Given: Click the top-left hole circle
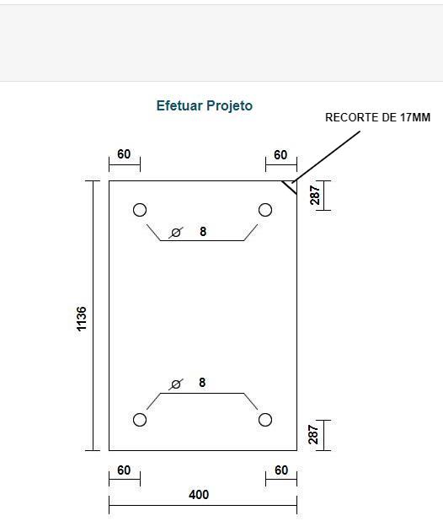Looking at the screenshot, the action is [x=140, y=204].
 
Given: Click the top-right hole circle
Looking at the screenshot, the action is [x=265, y=204].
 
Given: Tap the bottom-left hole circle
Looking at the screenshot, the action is [x=140, y=413].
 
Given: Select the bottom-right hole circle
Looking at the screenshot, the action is [x=265, y=413].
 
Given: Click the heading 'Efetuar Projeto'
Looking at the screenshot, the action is [x=205, y=106].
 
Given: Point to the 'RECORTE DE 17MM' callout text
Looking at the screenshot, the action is [x=377, y=118].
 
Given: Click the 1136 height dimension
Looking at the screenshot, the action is [x=82, y=319].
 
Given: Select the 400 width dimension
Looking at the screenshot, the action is [x=199, y=495].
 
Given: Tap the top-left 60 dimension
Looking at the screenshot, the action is [x=124, y=154].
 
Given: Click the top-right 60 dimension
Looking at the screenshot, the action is [x=280, y=155].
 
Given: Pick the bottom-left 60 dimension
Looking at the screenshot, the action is [x=124, y=470].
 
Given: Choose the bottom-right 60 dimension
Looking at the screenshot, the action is [x=281, y=470].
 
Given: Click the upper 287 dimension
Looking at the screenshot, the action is [x=315, y=195].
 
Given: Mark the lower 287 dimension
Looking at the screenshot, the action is [x=313, y=434].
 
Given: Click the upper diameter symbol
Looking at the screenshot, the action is [x=176, y=233].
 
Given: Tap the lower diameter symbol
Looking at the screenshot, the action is [x=176, y=384].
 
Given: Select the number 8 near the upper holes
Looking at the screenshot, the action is [x=203, y=232].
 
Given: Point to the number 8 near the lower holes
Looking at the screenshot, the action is [x=202, y=383].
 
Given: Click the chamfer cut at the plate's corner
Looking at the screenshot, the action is [x=289, y=188].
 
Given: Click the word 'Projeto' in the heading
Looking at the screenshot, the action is [x=229, y=106].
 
